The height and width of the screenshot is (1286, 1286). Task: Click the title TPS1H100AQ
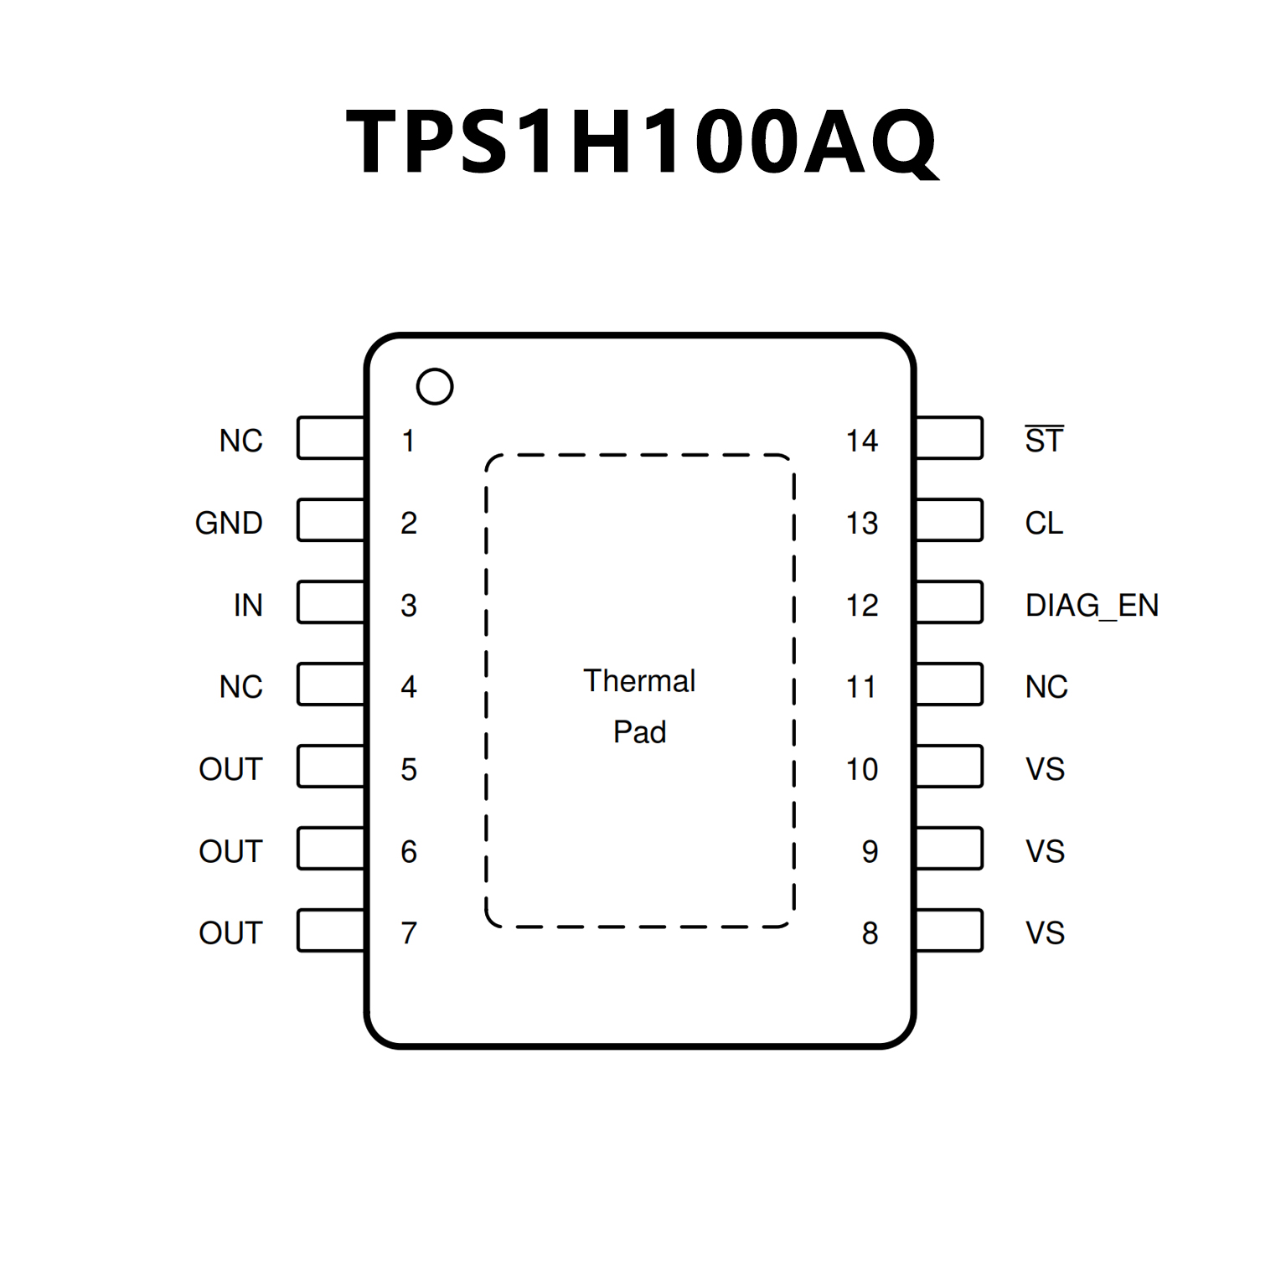pos(642,142)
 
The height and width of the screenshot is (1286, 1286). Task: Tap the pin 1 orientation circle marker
pos(435,387)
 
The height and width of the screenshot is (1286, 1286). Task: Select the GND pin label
pos(229,523)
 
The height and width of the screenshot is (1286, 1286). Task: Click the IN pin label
pos(248,605)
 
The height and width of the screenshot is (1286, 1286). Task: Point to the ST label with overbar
pos(1044,440)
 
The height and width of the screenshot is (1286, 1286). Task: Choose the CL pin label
pos(1044,523)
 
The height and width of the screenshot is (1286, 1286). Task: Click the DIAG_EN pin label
pos(1092,605)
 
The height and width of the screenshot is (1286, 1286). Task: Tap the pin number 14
pos(861,441)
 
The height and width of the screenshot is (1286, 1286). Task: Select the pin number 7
pos(409,933)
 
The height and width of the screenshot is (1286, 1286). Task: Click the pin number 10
pos(861,769)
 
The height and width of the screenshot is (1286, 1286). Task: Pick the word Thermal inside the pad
pos(639,681)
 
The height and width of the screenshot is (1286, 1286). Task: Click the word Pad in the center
pos(639,732)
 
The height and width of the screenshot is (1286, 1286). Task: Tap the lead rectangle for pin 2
pos(331,520)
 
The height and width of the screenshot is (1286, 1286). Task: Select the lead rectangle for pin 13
pos(949,520)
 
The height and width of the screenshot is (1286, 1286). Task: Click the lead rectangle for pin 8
pos(949,931)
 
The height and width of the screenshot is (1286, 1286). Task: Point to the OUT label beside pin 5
pos(230,769)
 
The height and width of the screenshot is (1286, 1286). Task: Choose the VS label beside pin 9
pos(1045,851)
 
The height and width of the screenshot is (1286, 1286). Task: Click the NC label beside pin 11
pos(1046,687)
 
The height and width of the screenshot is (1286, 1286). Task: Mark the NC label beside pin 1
pos(241,441)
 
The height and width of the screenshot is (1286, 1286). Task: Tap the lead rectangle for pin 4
pos(331,684)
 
